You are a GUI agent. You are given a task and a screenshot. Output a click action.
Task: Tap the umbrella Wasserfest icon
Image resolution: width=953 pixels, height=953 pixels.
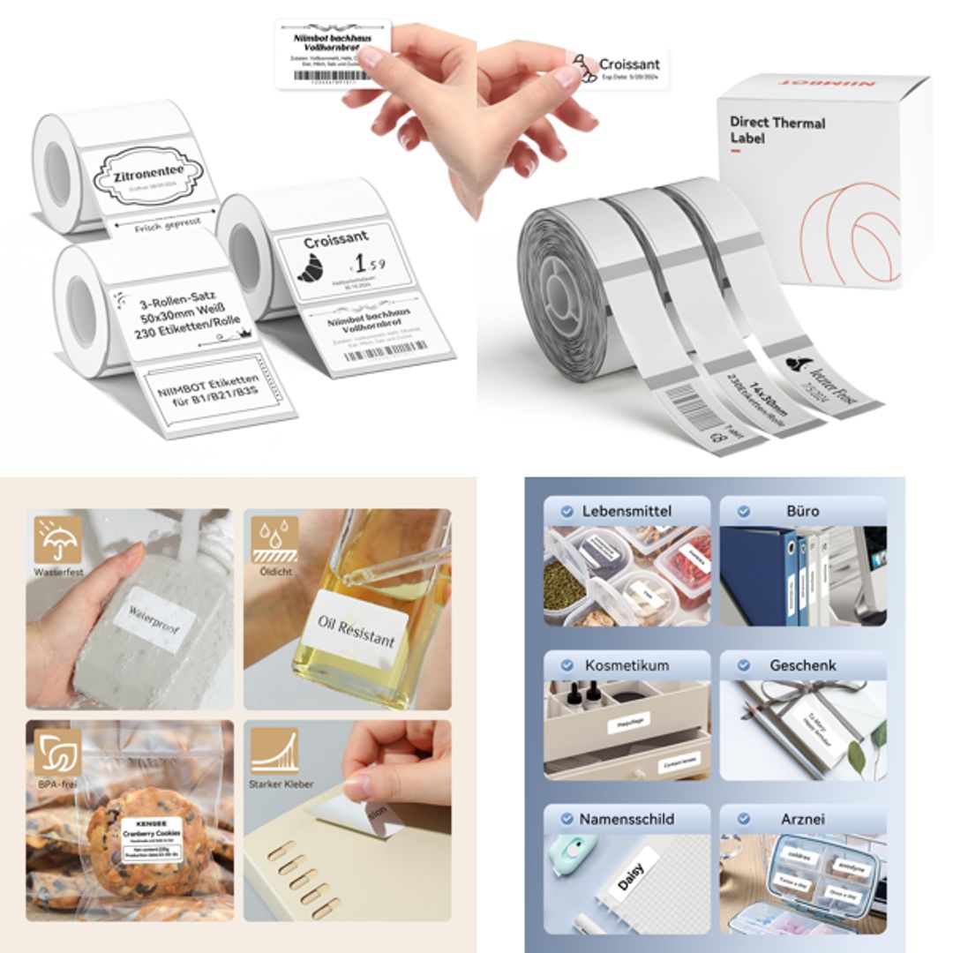point(58,539)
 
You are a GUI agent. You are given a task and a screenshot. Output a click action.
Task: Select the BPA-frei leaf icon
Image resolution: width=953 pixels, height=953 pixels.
point(58,751)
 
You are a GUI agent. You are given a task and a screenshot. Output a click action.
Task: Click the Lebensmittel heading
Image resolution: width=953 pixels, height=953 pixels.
point(627,511)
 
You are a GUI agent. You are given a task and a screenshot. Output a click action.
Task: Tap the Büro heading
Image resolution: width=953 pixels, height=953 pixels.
point(802,511)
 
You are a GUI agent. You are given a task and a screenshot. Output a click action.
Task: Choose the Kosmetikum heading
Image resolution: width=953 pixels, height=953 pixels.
point(627,665)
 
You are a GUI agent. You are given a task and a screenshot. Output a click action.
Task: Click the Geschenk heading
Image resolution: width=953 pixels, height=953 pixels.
point(802,665)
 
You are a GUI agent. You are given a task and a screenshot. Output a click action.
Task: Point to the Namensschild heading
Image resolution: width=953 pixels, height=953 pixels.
point(627,819)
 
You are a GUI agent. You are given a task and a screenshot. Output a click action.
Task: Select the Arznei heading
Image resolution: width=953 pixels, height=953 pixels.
point(802,819)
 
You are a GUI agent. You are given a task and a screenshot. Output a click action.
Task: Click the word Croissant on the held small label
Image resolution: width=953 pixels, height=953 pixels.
point(629,64)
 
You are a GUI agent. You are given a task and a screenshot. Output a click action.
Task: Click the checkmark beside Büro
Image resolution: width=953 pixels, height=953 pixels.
point(743,511)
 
